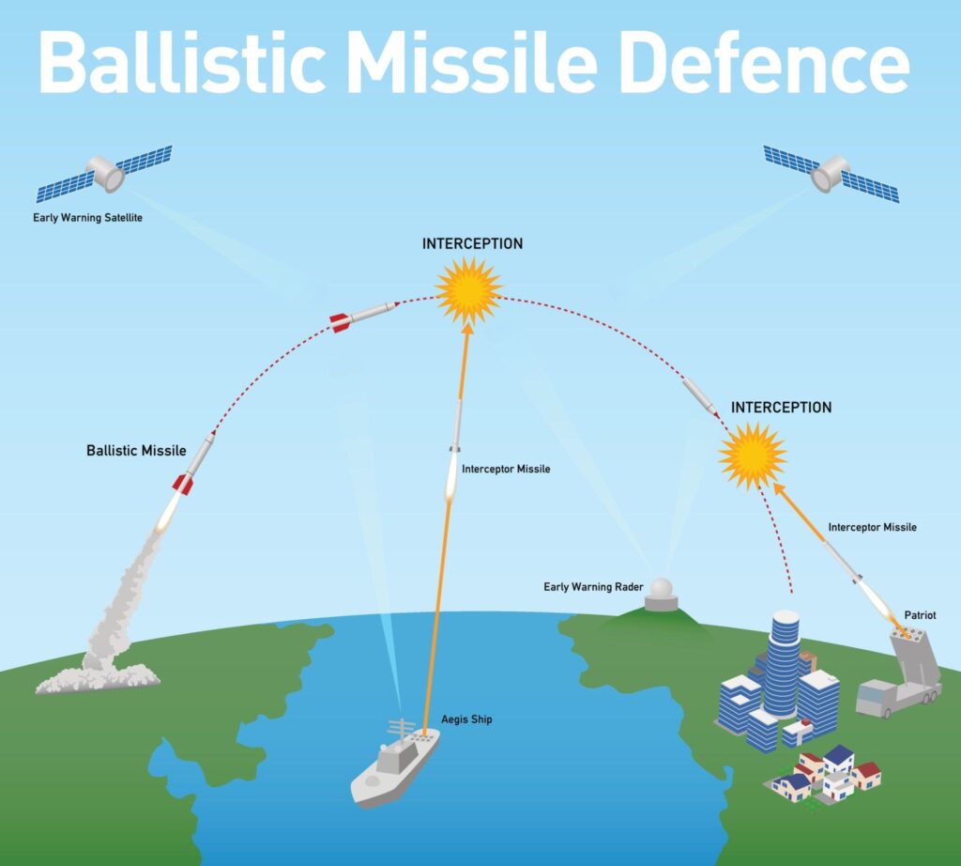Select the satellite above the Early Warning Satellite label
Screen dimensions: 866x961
[x=104, y=173]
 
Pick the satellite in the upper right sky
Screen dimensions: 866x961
[x=831, y=173]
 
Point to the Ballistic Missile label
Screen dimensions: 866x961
[x=136, y=451]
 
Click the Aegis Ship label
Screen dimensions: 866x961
[x=466, y=719]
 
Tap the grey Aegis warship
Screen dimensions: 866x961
[x=394, y=764]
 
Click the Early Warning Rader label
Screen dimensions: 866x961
[x=592, y=587]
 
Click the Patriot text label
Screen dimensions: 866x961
[x=920, y=615]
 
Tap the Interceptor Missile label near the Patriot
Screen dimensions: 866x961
[x=872, y=528]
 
